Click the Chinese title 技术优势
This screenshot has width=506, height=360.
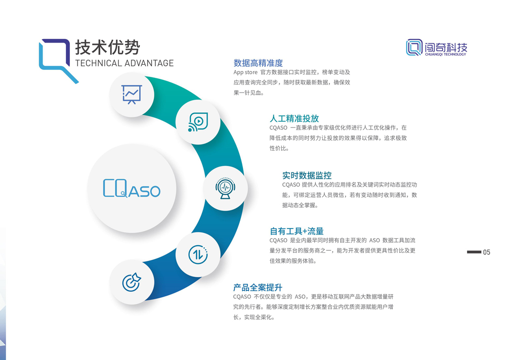click(107, 48)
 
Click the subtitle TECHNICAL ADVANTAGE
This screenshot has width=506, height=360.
click(124, 63)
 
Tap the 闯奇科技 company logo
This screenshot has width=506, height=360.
click(437, 48)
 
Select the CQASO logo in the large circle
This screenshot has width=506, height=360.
click(132, 188)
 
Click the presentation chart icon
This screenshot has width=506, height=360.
click(132, 94)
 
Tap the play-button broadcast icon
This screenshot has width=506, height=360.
click(198, 122)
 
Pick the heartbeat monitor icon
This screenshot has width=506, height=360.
click(225, 188)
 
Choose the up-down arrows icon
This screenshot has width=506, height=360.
click(198, 254)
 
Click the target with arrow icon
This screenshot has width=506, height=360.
click(132, 282)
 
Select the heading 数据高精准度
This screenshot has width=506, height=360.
click(258, 63)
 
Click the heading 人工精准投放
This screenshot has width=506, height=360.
click(294, 118)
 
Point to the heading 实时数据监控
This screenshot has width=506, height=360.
click(307, 175)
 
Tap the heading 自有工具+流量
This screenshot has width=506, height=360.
click(297, 231)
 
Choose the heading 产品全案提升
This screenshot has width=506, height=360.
click(258, 287)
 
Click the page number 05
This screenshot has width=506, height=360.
click(487, 252)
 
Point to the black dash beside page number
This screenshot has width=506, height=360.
click(474, 252)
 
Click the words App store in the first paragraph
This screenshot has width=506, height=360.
click(245, 72)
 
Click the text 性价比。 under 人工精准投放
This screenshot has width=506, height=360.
click(279, 148)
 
